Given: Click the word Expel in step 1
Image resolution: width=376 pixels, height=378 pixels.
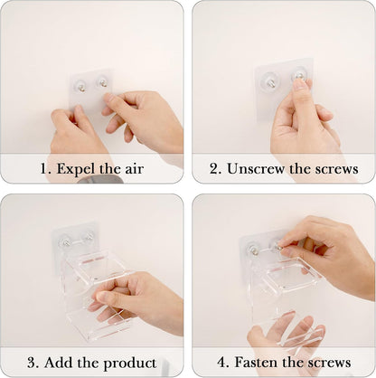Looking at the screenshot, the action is click(x=75, y=169).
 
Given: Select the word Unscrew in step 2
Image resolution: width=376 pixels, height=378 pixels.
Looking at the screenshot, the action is click(x=256, y=169).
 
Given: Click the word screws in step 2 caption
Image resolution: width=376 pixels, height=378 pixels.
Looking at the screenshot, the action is click(x=336, y=169).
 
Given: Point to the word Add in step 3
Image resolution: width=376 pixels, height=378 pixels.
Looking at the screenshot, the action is click(x=58, y=362).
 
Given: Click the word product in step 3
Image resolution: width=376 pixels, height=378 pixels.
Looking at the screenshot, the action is click(x=130, y=363).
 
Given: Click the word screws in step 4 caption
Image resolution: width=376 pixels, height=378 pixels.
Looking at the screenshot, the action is click(x=329, y=363).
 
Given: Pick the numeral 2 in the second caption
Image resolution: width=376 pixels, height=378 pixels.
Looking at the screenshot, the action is click(x=215, y=169).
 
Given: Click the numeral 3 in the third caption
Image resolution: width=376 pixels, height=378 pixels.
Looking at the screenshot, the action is click(x=33, y=363).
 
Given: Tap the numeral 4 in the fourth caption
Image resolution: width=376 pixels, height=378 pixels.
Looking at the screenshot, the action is click(x=222, y=363).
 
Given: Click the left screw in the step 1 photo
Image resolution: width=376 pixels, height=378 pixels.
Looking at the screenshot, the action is click(x=80, y=88).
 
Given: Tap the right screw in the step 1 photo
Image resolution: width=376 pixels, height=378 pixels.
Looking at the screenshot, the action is click(x=103, y=82).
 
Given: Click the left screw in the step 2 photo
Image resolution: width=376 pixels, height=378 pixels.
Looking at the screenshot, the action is click(x=269, y=82).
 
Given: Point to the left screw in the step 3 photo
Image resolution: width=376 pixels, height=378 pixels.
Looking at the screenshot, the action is click(x=65, y=241).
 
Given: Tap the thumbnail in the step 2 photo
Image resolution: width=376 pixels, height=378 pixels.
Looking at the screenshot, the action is click(x=299, y=84).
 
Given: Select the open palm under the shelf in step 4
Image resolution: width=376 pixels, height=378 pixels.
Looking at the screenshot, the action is click(x=287, y=335).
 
